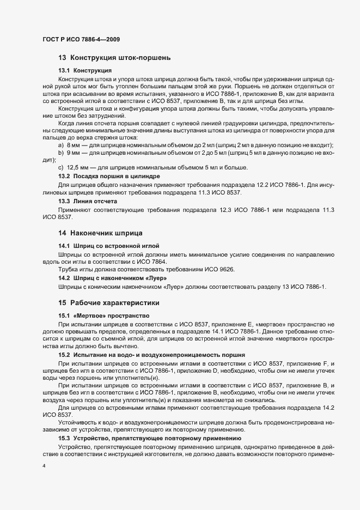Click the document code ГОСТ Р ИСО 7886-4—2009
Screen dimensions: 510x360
(81, 39)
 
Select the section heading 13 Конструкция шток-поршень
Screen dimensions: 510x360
(115, 58)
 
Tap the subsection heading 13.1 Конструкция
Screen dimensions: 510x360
(85, 71)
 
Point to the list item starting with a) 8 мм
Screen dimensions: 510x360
(196, 145)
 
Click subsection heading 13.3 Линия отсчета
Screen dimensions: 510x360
(87, 201)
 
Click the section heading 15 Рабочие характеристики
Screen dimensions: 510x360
(109, 302)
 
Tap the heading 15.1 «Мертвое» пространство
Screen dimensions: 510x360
(104, 316)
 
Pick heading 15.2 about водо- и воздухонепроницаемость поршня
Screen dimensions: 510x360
(136, 355)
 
